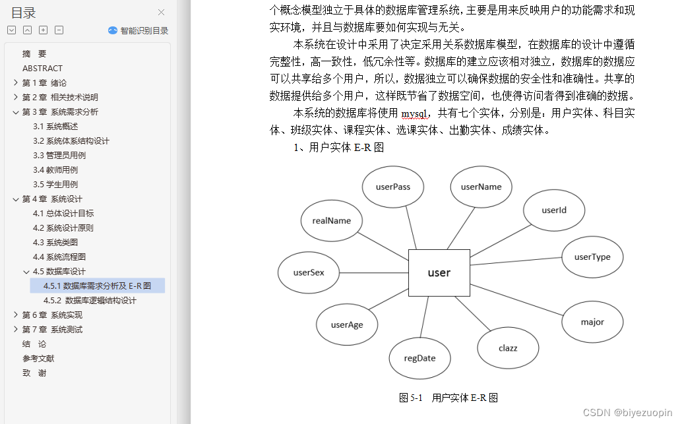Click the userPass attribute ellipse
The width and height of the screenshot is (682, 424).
393,187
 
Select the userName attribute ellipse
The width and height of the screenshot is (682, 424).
481,187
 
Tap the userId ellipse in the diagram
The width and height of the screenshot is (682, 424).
554,210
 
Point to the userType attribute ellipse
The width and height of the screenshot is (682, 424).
592,257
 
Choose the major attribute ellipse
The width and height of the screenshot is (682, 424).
592,322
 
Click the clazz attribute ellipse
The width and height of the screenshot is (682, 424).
508,348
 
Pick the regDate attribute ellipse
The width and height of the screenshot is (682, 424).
420,358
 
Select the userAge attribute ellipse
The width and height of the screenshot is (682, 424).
346,324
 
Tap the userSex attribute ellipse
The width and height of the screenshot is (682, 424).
308,272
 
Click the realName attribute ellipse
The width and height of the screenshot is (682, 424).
332,220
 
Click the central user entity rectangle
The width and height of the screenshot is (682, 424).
439,272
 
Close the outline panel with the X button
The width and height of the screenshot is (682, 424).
162,12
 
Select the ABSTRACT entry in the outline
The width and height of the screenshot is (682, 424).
42,69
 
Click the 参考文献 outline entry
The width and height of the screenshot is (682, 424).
38,359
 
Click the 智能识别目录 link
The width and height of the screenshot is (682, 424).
139,30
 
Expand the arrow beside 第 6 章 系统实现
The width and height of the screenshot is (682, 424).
15,315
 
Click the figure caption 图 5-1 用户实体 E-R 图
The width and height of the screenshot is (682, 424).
449,398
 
